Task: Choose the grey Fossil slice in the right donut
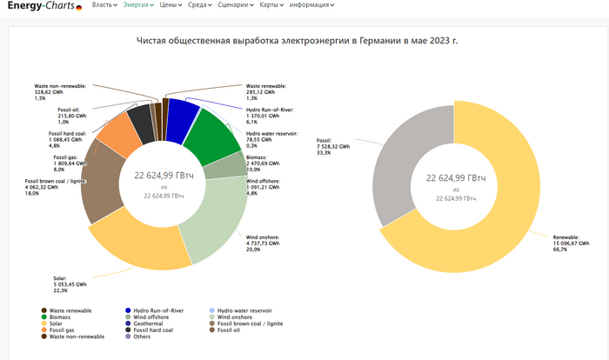[x=410, y=147]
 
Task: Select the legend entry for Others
[x=141, y=337]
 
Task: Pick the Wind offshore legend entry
[x=154, y=317]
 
